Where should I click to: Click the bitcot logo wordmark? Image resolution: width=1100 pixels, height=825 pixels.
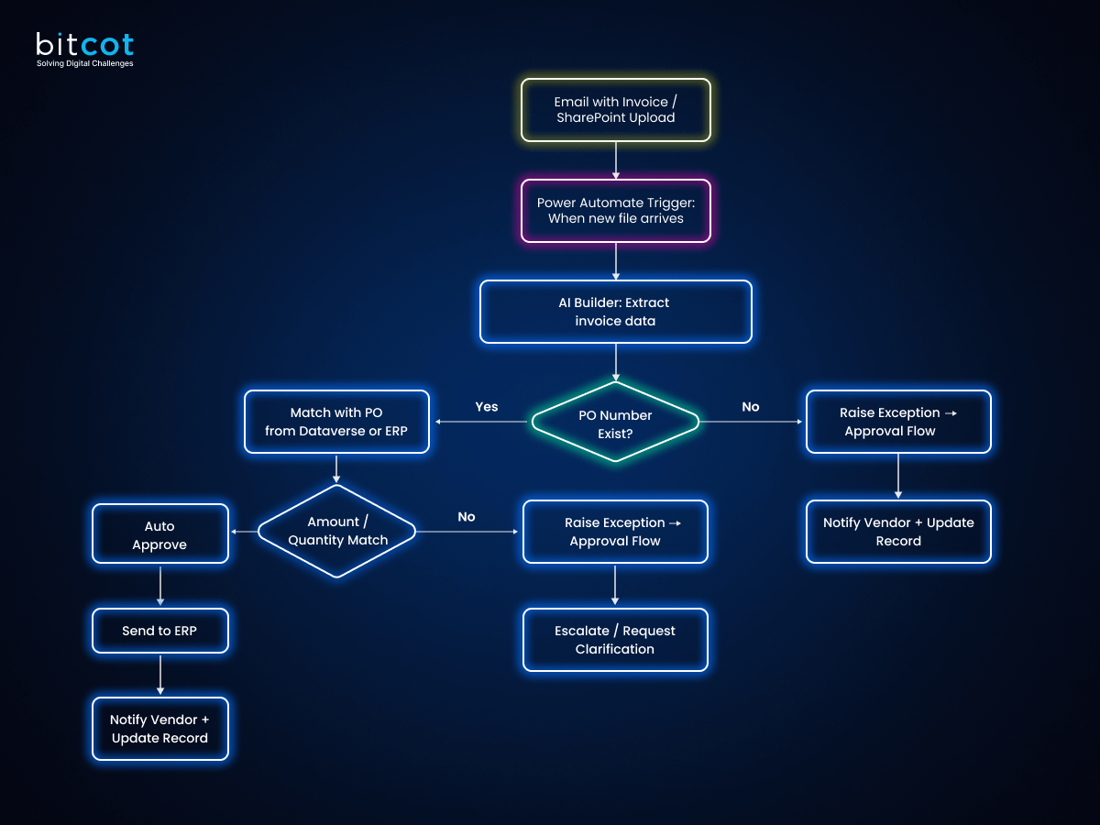pyautogui.click(x=84, y=45)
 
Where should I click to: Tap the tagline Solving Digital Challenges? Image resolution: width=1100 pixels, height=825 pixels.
pyautogui.click(x=84, y=63)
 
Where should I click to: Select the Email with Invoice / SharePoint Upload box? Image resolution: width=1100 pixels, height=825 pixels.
pyautogui.click(x=615, y=110)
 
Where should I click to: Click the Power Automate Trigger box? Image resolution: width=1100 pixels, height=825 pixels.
pyautogui.click(x=615, y=211)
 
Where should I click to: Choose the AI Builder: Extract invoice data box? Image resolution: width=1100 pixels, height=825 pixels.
pyautogui.click(x=615, y=312)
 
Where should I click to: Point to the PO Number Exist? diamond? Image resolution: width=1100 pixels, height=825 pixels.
pyautogui.click(x=615, y=423)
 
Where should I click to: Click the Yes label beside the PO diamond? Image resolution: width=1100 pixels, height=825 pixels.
pyautogui.click(x=487, y=407)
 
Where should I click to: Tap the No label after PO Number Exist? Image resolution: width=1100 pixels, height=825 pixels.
pyautogui.click(x=751, y=407)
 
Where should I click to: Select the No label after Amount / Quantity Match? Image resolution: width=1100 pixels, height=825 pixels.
pyautogui.click(x=467, y=517)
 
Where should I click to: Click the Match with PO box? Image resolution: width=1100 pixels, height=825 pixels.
pyautogui.click(x=336, y=422)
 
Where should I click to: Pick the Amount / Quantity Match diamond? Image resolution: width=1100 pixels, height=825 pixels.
pyautogui.click(x=336, y=531)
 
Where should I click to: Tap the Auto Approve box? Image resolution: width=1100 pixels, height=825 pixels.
pyautogui.click(x=159, y=534)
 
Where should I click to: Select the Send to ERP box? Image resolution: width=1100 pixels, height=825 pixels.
pyautogui.click(x=159, y=631)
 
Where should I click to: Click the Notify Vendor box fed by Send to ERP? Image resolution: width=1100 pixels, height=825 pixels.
pyautogui.click(x=159, y=729)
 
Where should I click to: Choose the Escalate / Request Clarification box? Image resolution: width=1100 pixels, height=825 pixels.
pyautogui.click(x=615, y=640)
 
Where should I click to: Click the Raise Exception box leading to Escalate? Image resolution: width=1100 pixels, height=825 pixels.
pyautogui.click(x=615, y=532)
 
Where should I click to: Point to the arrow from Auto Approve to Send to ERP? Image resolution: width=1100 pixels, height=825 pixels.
pyautogui.click(x=160, y=586)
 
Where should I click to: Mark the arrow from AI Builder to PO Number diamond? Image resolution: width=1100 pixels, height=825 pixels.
pyautogui.click(x=615, y=362)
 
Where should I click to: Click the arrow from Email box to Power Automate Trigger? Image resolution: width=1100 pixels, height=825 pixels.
pyautogui.click(x=615, y=160)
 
